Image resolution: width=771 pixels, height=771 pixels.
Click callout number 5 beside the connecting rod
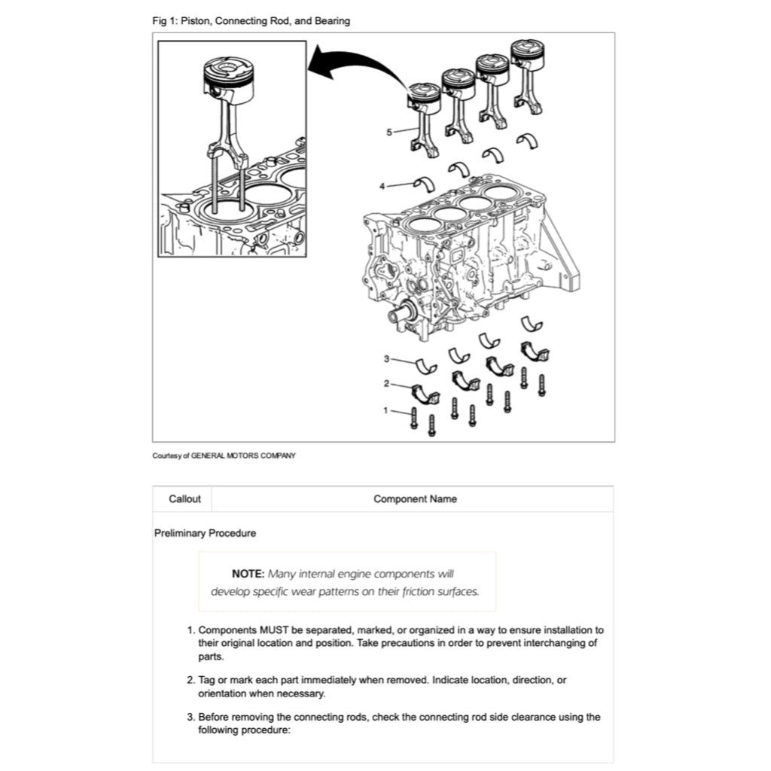[389, 132]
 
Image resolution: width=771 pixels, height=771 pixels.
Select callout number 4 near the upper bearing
[382, 185]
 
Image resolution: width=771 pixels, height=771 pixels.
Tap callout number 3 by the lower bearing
[386, 358]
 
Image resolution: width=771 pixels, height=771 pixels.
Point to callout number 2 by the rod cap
[386, 383]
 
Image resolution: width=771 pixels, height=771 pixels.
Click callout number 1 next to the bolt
[386, 410]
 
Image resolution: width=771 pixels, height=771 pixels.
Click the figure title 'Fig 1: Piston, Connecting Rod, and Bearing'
[251, 21]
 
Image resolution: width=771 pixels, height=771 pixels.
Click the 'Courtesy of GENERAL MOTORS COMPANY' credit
[224, 456]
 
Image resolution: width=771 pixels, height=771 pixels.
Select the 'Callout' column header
[184, 498]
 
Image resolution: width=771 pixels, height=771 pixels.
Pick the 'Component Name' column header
[415, 498]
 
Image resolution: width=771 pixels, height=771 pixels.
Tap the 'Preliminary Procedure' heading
[205, 533]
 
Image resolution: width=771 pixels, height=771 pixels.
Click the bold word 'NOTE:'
[248, 574]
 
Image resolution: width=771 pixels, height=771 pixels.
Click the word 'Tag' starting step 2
[207, 680]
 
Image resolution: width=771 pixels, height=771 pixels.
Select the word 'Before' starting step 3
[215, 717]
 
